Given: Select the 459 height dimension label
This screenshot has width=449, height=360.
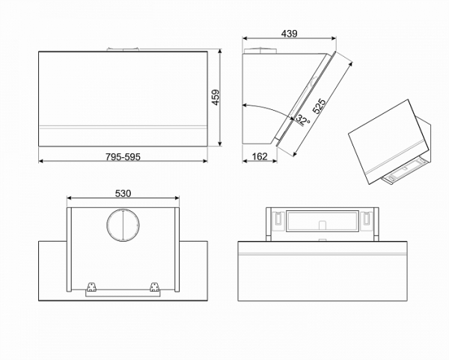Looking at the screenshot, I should (216, 98).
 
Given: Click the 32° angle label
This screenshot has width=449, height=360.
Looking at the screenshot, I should (301, 119).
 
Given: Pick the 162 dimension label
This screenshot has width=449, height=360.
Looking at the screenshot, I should (260, 156).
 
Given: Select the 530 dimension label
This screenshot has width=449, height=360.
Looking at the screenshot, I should (123, 193).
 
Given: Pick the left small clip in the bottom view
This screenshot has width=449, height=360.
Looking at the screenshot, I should (276, 219).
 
